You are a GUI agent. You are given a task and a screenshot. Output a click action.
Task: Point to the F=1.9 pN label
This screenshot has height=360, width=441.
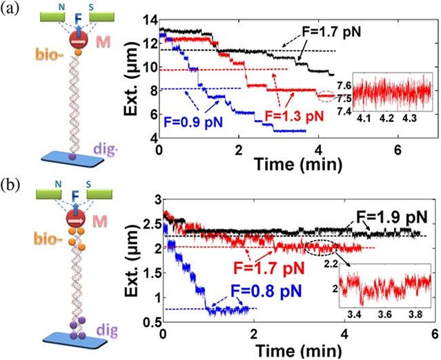point(392,218)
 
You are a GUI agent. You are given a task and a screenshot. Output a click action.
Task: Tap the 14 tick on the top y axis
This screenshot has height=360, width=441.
point(151,13)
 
